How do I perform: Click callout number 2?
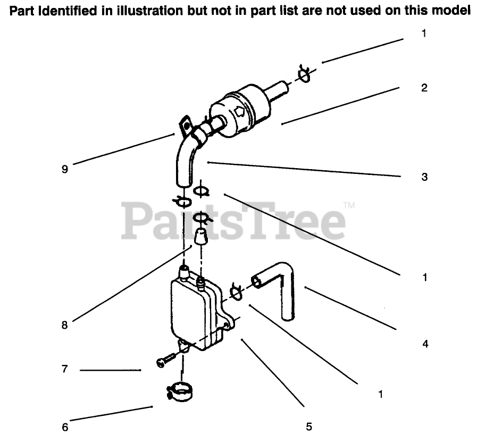point(424,88)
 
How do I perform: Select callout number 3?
point(424,177)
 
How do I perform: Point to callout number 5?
point(309,427)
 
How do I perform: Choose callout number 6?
point(65,427)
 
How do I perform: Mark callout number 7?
point(65,369)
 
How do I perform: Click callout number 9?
point(65,170)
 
